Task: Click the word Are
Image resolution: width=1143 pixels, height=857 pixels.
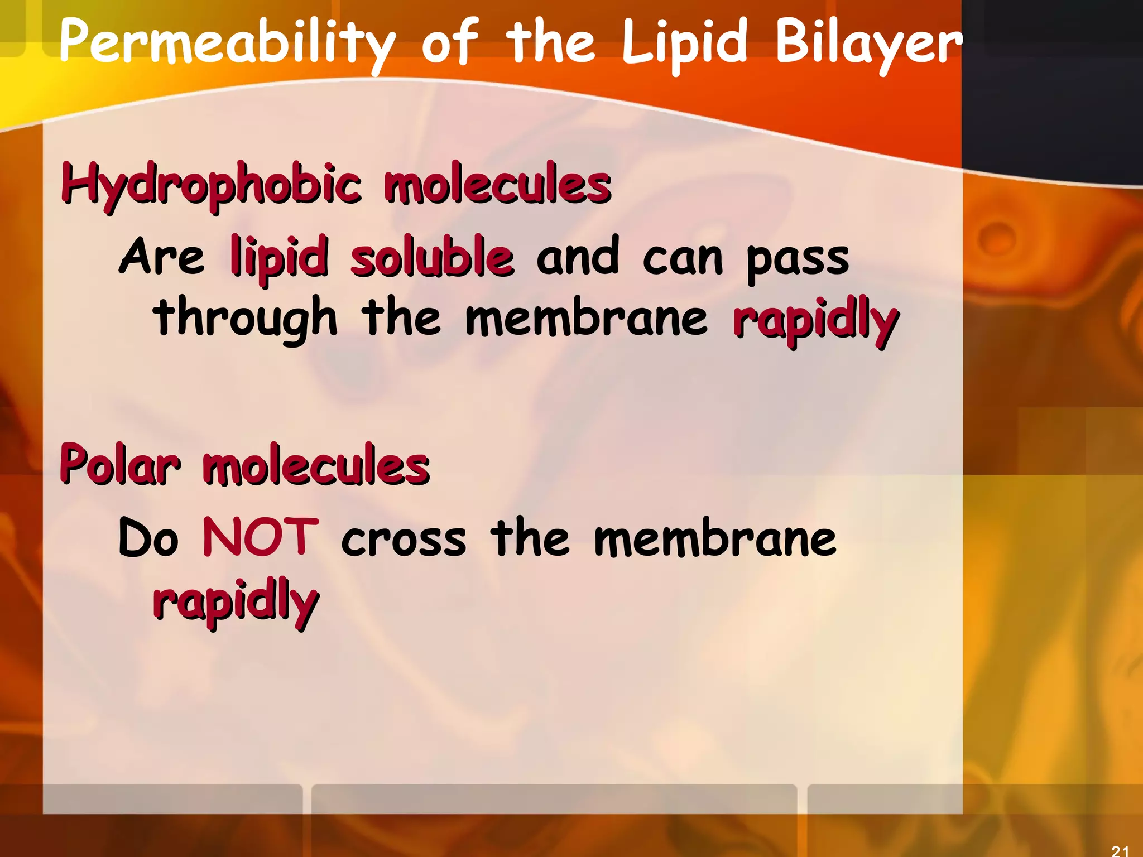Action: (162, 257)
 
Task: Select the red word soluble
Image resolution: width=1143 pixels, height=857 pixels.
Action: (432, 257)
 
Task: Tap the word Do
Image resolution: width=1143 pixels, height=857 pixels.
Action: (148, 538)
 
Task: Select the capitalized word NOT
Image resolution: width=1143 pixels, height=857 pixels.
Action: (260, 537)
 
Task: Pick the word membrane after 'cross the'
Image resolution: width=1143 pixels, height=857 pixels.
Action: (715, 538)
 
